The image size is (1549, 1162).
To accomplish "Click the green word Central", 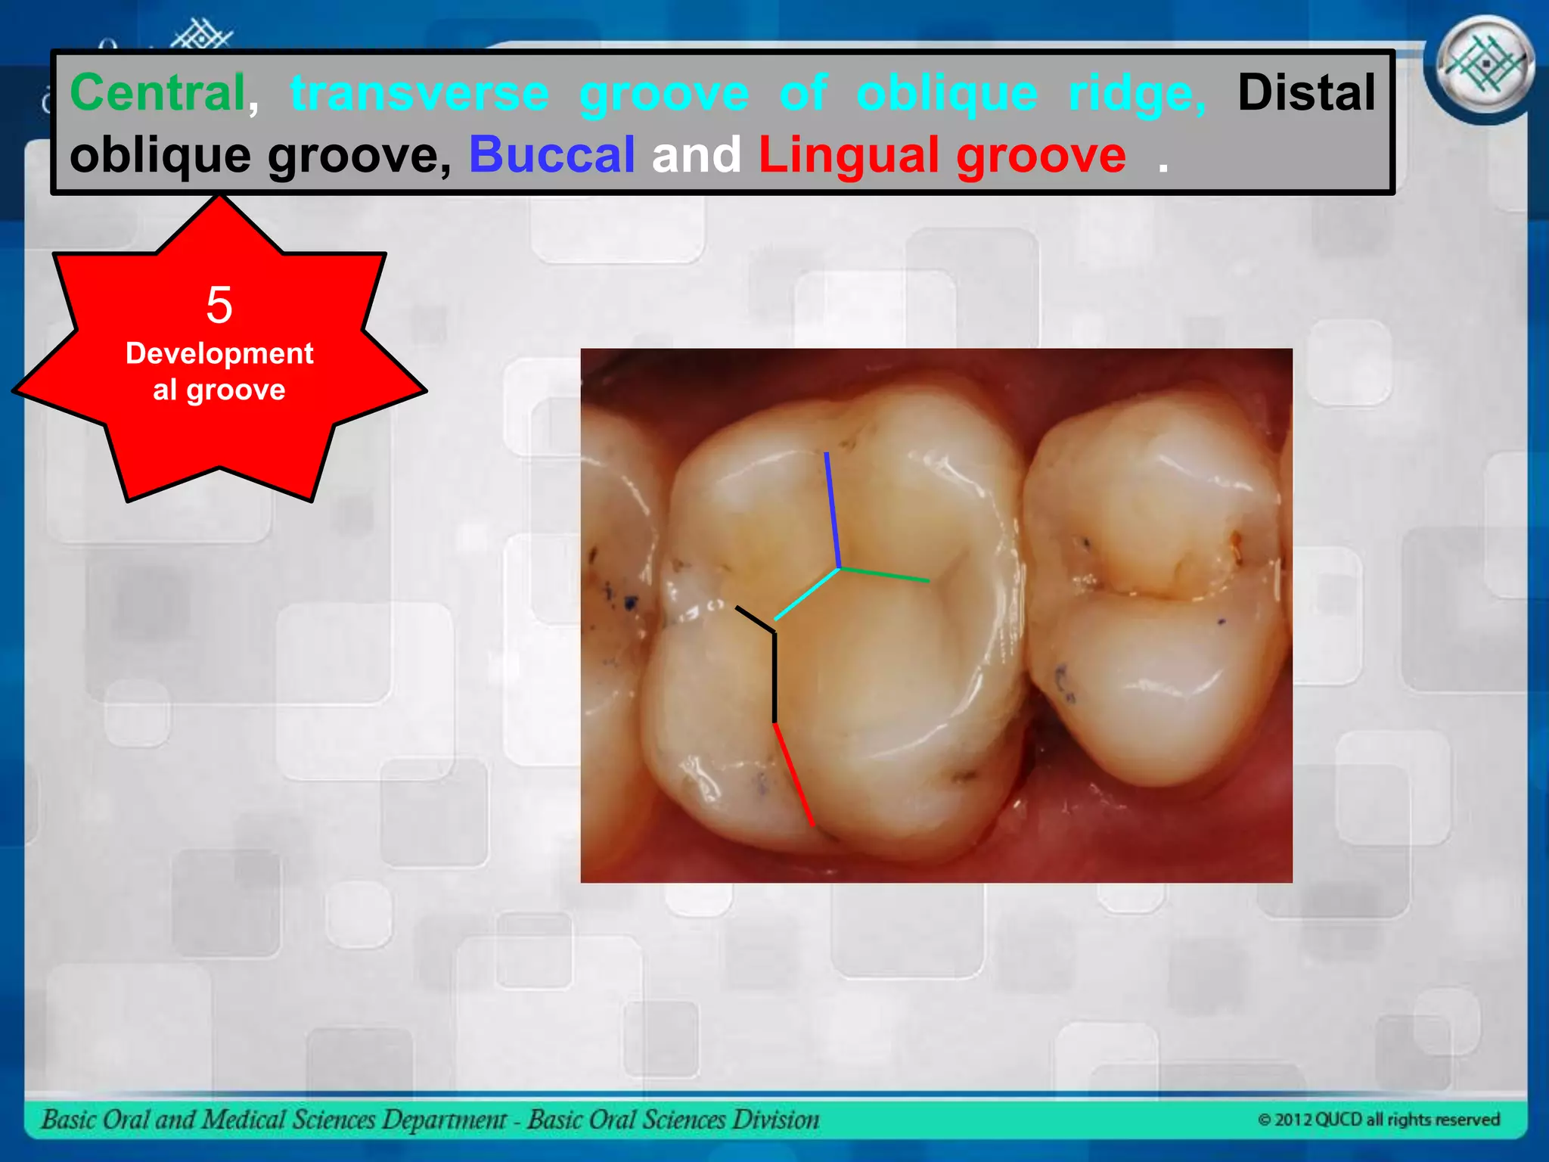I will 158,92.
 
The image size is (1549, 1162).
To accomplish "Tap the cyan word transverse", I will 420,92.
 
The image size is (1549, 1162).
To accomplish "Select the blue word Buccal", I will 551,154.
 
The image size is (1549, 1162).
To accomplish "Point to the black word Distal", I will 1306,92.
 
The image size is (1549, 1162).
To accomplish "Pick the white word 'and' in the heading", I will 697,154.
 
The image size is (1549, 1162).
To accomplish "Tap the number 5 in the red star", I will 219,305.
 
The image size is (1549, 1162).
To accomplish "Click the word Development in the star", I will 219,353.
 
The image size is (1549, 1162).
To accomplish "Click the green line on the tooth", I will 884,573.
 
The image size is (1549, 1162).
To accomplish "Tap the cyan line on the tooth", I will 807,594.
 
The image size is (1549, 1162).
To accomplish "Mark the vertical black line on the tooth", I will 774,677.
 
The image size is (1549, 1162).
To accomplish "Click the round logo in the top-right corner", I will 1485,67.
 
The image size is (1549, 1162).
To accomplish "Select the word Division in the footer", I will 781,1120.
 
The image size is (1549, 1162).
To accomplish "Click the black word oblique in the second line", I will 160,154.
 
